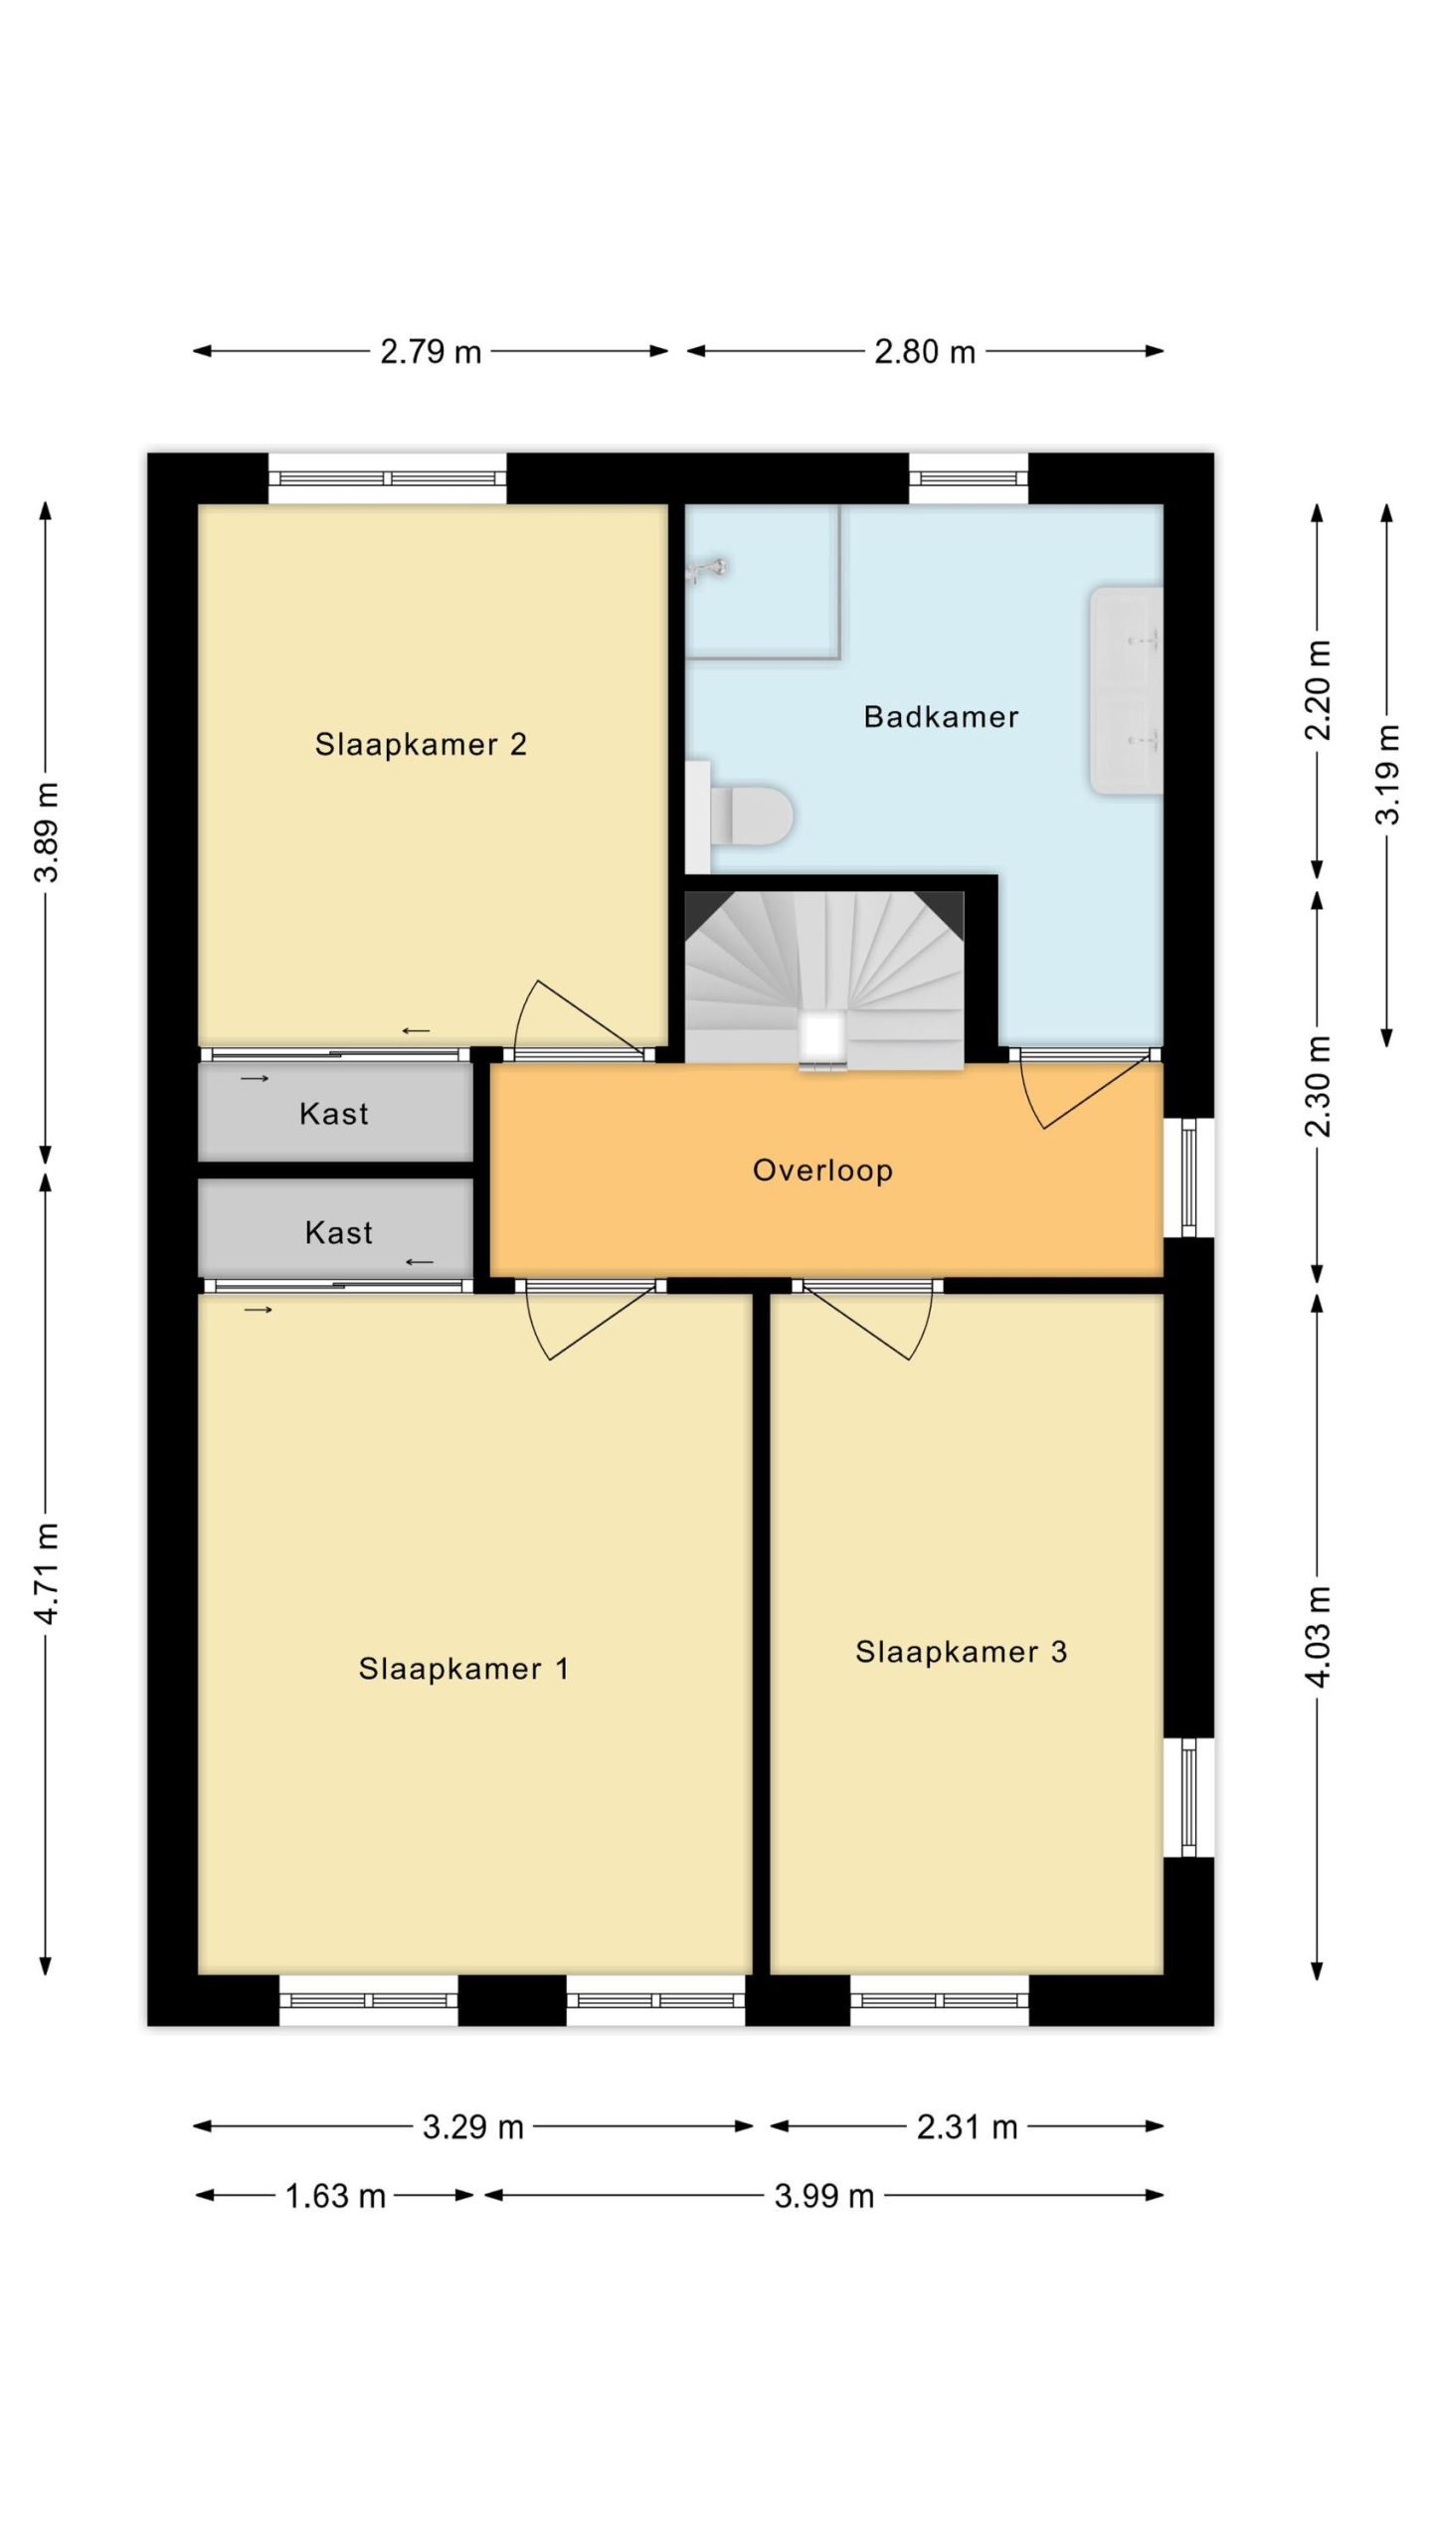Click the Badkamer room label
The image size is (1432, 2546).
(x=941, y=717)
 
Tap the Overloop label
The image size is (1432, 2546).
(x=822, y=1171)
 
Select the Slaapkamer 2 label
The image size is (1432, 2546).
(x=421, y=744)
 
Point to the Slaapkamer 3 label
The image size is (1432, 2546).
(x=961, y=1652)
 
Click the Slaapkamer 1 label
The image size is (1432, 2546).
(x=463, y=1669)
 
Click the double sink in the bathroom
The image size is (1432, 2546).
(x=1126, y=690)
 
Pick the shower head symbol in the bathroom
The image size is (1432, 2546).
(x=708, y=569)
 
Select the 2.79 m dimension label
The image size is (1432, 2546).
(x=431, y=352)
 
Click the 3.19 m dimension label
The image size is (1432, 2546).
(x=1388, y=775)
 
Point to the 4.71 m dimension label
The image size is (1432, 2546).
(x=47, y=1572)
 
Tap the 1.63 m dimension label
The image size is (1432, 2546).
(x=335, y=2196)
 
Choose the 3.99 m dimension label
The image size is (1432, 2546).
(x=824, y=2196)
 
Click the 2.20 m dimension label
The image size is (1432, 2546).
(x=1318, y=690)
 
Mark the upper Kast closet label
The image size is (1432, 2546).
(x=334, y=1114)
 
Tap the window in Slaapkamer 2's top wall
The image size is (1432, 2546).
(x=388, y=478)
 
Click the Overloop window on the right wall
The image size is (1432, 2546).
(x=1189, y=1178)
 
